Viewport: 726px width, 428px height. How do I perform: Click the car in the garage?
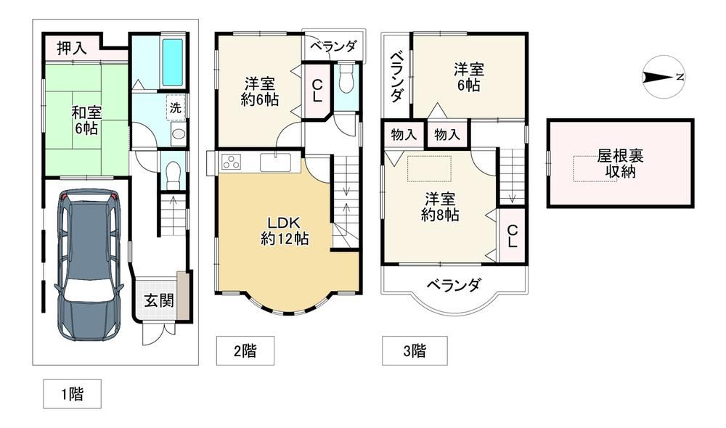pyautogui.click(x=89, y=265)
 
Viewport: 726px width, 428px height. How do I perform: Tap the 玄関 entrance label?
pyautogui.click(x=159, y=300)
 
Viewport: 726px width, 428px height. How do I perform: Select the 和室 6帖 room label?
pyautogui.click(x=86, y=120)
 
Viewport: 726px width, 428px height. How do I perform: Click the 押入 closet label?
pyautogui.click(x=72, y=48)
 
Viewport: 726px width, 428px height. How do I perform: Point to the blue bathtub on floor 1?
pyautogui.click(x=172, y=62)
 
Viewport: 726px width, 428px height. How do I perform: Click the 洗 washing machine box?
pyautogui.click(x=176, y=108)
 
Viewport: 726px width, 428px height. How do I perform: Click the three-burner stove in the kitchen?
pyautogui.click(x=232, y=162)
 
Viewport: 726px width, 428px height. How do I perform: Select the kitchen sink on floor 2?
pyautogui.click(x=275, y=162)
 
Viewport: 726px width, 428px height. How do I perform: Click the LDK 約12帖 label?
pyautogui.click(x=285, y=231)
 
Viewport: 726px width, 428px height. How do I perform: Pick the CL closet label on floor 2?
pyautogui.click(x=317, y=91)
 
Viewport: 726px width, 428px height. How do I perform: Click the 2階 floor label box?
pyautogui.click(x=245, y=350)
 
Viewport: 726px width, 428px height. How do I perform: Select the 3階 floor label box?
pyautogui.click(x=415, y=350)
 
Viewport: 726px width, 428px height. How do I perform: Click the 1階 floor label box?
pyautogui.click(x=72, y=394)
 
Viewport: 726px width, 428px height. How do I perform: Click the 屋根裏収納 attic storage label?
pyautogui.click(x=620, y=164)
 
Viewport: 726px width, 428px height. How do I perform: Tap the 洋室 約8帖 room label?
pyautogui.click(x=440, y=207)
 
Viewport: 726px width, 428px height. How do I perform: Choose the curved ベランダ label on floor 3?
pyautogui.click(x=453, y=284)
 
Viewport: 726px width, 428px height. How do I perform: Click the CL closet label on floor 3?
pyautogui.click(x=512, y=236)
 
